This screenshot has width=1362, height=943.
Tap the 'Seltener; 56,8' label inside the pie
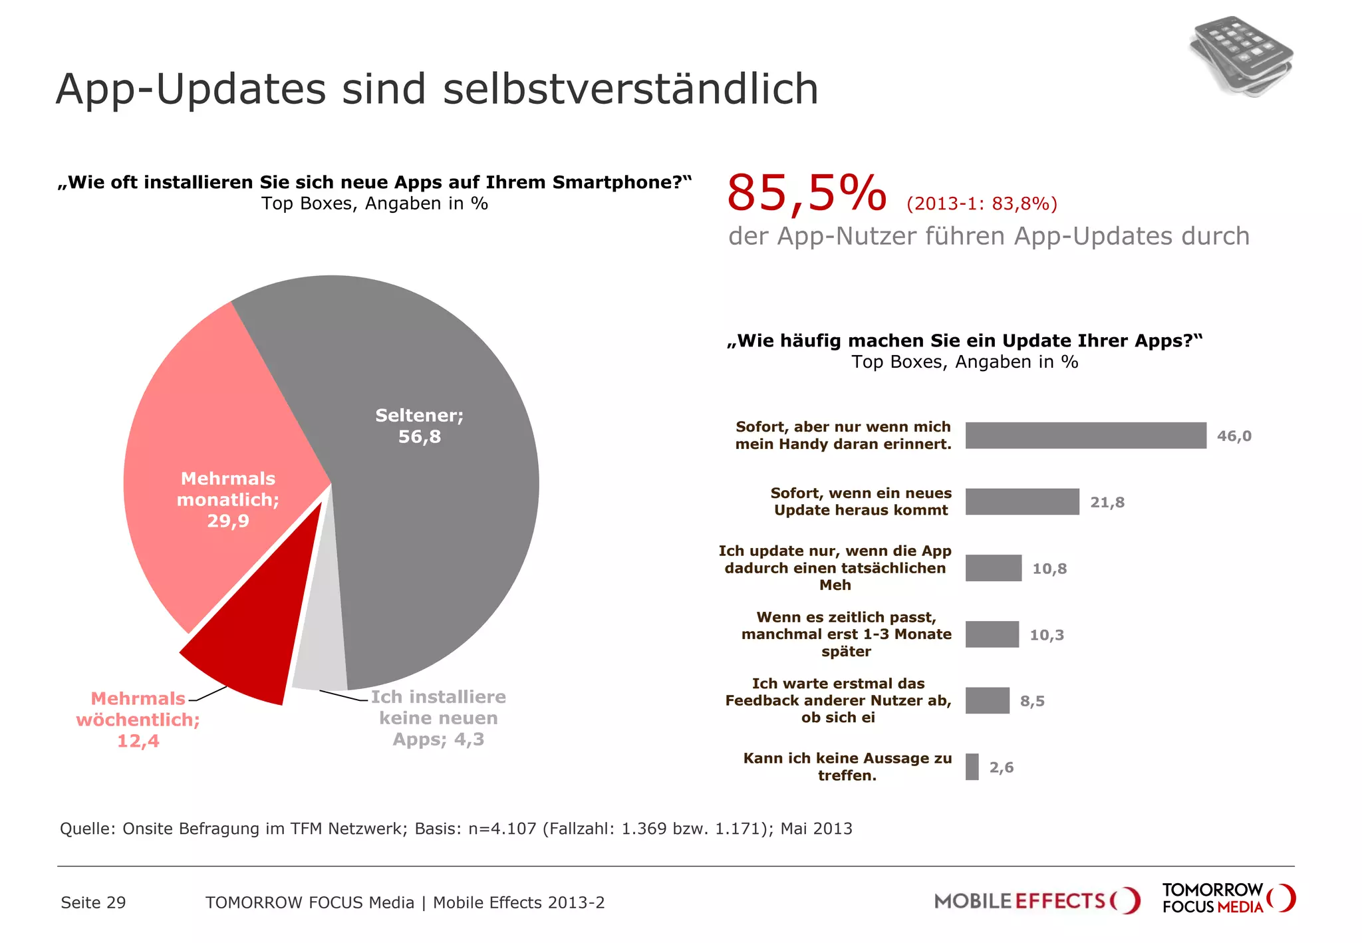(x=419, y=426)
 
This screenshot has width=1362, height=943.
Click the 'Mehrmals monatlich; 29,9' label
(x=227, y=499)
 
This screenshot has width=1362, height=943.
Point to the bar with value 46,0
(x=1085, y=436)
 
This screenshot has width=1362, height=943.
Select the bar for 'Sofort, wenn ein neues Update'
(x=1022, y=502)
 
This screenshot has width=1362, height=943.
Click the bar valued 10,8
(x=993, y=568)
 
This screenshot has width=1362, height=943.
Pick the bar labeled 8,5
(x=987, y=700)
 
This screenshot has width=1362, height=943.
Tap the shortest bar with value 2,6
(x=972, y=767)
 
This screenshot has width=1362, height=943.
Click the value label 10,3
(x=1046, y=635)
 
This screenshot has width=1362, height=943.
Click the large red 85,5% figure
(x=806, y=194)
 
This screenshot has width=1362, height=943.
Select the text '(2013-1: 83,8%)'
(x=982, y=203)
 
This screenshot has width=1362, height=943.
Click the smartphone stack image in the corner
(x=1241, y=57)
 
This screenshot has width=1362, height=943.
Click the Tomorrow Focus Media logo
(x=1228, y=898)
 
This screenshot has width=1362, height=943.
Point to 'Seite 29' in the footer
(x=93, y=902)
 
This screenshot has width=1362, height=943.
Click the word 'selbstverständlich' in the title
(x=630, y=88)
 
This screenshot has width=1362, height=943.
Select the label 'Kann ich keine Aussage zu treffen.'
(x=847, y=767)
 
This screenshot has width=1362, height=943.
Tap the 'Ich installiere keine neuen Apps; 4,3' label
(x=438, y=718)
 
